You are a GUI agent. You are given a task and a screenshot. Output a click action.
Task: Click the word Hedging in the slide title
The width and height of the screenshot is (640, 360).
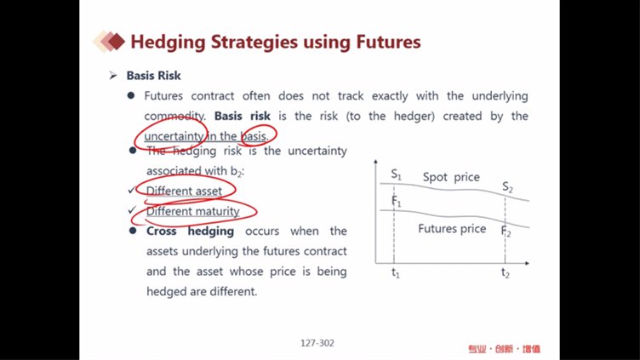(168, 43)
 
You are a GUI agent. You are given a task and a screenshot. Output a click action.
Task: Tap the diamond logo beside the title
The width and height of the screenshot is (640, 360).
(109, 41)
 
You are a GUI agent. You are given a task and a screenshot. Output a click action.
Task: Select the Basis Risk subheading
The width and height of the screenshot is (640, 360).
(153, 76)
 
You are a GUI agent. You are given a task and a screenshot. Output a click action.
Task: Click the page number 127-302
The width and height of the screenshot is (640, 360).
(317, 343)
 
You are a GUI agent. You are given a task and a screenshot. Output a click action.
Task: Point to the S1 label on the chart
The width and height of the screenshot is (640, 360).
(396, 174)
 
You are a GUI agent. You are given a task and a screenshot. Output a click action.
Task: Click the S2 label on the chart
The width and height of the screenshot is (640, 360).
(507, 187)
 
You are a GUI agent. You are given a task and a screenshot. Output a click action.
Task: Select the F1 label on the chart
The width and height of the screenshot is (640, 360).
(397, 201)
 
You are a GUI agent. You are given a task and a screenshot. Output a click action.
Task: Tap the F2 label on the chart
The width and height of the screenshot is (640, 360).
(506, 231)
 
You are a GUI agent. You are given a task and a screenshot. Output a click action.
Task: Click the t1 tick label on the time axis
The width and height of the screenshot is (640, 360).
(396, 272)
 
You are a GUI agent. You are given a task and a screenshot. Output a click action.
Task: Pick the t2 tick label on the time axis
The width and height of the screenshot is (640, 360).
(506, 272)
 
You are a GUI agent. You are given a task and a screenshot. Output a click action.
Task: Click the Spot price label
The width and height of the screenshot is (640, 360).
(451, 177)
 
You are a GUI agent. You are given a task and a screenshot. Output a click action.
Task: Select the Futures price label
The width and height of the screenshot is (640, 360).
(452, 229)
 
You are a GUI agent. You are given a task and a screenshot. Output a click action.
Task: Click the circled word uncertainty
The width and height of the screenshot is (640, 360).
(174, 136)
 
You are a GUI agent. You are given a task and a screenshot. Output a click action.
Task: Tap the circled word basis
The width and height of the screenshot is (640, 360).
(254, 136)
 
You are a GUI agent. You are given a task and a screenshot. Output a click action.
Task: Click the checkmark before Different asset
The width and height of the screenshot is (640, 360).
(132, 190)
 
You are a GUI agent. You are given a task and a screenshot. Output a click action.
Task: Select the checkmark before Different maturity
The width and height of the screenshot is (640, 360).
(132, 210)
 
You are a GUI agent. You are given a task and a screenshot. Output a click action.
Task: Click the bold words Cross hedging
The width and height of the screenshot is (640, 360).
(190, 231)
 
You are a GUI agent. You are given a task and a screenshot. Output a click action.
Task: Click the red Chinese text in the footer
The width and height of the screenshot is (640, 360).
(504, 349)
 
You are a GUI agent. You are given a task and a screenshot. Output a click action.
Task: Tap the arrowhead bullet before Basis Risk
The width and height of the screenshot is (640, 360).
(113, 76)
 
